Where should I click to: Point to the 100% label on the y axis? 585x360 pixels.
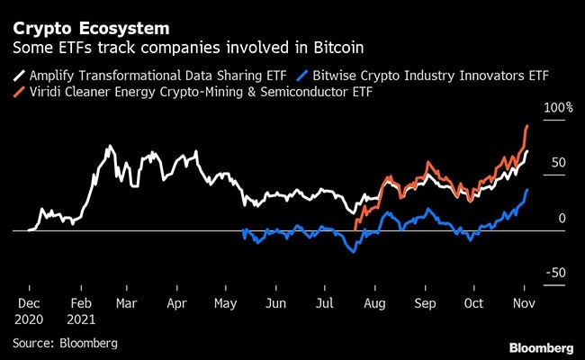[x=557, y=108]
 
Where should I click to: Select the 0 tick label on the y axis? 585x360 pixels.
[x=562, y=218]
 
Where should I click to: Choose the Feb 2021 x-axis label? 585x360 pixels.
[x=83, y=311]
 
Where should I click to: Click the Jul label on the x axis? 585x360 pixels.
[x=323, y=304]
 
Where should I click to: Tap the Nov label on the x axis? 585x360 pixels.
[x=521, y=304]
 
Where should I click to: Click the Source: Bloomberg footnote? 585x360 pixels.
[x=65, y=343]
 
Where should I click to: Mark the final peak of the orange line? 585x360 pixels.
[x=526, y=126]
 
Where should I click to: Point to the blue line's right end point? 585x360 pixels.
[x=527, y=190]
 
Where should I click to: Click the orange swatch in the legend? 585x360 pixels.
[x=21, y=90]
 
